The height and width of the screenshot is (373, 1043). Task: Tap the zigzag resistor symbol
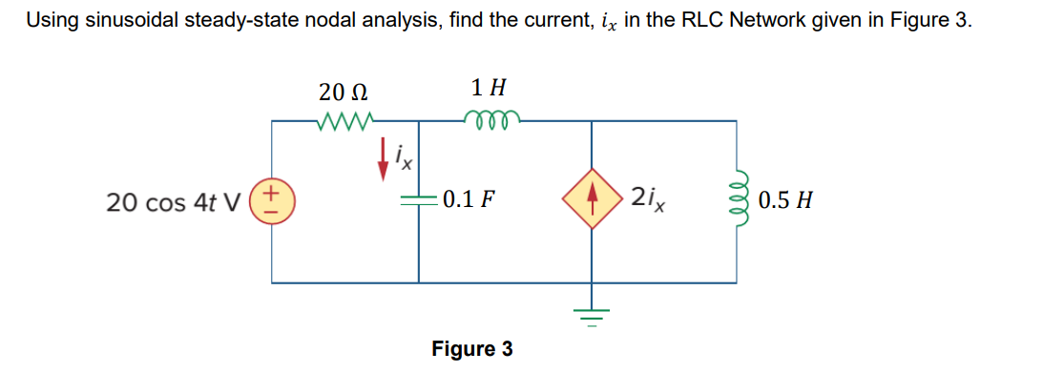[342, 121]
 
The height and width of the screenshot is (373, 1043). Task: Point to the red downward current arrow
[384, 158]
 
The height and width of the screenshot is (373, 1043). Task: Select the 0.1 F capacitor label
[468, 200]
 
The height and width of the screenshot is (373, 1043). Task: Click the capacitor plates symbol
[418, 201]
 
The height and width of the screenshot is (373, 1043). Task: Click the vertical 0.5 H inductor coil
[737, 201]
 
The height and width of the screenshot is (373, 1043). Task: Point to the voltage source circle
[273, 201]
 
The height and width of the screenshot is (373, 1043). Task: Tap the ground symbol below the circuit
[591, 313]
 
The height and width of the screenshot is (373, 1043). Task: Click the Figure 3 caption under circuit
[471, 349]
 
